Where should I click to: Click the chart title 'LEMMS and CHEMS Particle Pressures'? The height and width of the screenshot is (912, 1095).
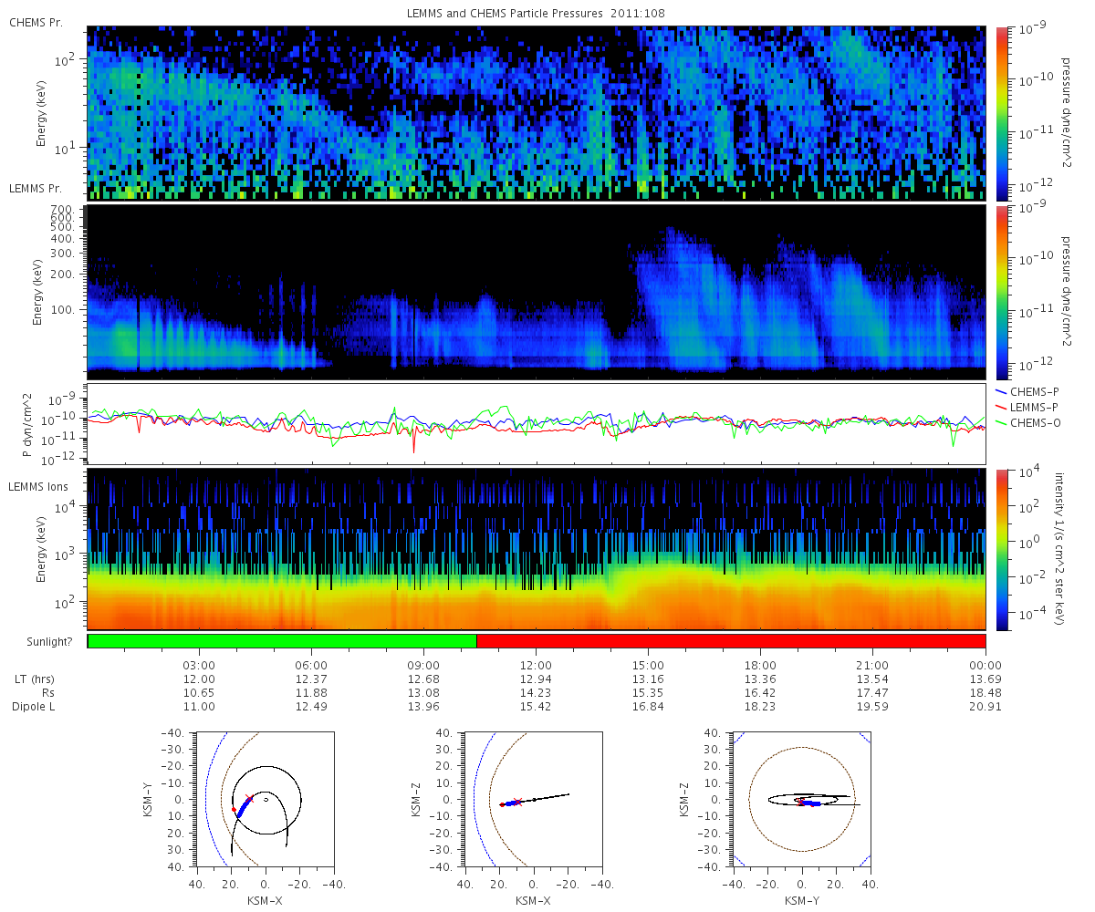click(505, 14)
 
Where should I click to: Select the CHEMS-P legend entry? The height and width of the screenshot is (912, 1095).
click(1027, 391)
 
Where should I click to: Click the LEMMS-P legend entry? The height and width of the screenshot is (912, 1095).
click(1027, 408)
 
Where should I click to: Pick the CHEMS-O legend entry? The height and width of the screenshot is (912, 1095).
click(1027, 422)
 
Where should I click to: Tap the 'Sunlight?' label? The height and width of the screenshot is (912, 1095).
click(49, 641)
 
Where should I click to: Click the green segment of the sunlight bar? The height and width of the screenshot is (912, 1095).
click(282, 641)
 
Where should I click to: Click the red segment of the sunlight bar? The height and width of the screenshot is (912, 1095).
click(731, 641)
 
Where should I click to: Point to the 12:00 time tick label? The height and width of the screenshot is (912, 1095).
click(536, 665)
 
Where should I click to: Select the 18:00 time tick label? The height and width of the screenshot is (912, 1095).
click(760, 665)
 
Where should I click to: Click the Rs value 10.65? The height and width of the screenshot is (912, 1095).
click(199, 692)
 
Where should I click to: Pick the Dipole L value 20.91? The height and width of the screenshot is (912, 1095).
click(985, 706)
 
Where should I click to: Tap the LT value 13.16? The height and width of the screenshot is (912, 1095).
click(648, 679)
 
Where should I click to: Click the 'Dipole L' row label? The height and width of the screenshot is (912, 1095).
click(33, 707)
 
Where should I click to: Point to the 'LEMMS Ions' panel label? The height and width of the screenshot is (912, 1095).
click(37, 486)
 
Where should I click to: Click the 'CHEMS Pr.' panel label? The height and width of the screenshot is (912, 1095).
click(36, 23)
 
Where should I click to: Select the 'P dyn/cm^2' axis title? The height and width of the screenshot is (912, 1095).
click(27, 425)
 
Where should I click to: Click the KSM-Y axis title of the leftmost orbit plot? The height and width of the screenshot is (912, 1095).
click(148, 800)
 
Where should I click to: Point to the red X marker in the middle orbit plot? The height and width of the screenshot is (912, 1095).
click(517, 802)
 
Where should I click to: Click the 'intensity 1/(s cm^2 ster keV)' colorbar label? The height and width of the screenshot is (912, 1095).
click(1059, 548)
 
